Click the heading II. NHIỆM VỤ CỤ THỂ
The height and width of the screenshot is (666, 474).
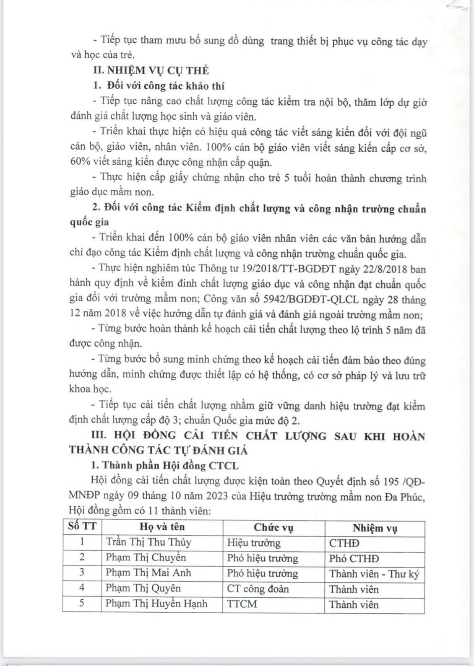coord(151,70)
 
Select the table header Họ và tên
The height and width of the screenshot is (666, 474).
coord(162,527)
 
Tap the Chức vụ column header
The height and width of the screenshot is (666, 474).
coord(273,528)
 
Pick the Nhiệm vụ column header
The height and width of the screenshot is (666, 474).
coord(375,528)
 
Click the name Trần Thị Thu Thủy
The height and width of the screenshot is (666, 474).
coord(148,542)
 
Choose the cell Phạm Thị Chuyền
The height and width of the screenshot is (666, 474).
coord(146,558)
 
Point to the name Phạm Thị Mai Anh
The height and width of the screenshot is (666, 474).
coord(148,573)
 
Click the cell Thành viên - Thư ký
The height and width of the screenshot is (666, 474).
coord(374,574)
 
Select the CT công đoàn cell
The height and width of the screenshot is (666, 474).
coord(258,589)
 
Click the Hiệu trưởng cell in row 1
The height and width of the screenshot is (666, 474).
coord(254,543)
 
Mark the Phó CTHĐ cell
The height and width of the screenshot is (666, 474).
coord(354,559)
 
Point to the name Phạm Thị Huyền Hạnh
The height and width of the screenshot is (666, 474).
coord(156,604)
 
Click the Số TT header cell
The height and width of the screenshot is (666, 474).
coord(82,526)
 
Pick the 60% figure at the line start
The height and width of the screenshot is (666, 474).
coord(79,162)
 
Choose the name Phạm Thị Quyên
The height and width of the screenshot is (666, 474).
coord(143,588)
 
